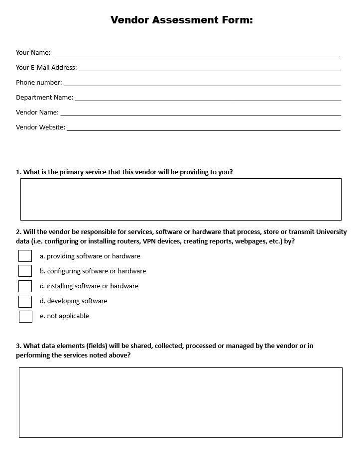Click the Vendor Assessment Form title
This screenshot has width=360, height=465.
click(182, 20)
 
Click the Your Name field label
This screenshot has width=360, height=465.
click(33, 53)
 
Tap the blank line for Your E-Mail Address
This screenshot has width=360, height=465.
click(209, 69)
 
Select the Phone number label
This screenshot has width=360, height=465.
click(39, 83)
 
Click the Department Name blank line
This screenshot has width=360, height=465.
click(208, 99)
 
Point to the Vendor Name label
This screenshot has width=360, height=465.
click(37, 113)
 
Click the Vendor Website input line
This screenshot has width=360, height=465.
click(203, 128)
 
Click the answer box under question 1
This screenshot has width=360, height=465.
click(181, 199)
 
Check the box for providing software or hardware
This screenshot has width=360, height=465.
click(25, 256)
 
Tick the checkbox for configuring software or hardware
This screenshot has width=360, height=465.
click(25, 271)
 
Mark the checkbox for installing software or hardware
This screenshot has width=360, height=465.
click(25, 286)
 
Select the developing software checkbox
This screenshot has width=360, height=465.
click(25, 301)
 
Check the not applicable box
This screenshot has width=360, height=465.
click(25, 316)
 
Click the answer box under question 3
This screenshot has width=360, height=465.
click(181, 402)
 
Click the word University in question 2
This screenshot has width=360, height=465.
click(331, 232)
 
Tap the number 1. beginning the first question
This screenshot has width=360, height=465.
click(19, 172)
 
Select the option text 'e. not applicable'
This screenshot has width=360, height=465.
click(64, 316)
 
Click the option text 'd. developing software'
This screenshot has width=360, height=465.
click(74, 301)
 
